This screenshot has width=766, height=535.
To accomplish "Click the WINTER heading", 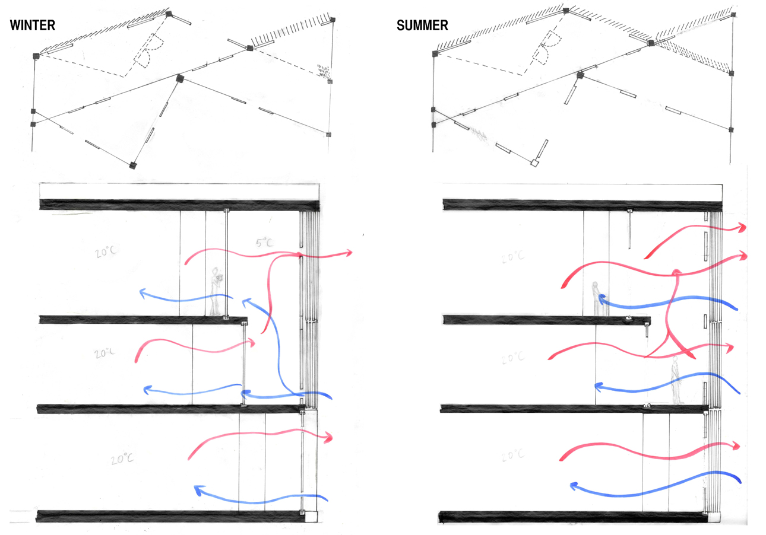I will pyautogui.click(x=33, y=26).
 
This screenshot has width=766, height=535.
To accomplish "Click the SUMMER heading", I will pyautogui.click(x=423, y=26).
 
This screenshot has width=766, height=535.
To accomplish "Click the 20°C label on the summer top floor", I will pyautogui.click(x=513, y=257).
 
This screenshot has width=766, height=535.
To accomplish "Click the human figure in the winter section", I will pyautogui.click(x=216, y=291).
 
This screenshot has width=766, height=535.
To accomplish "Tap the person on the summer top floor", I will pyautogui.click(x=596, y=298).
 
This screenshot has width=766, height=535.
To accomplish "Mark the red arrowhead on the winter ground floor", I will pyautogui.click(x=327, y=438).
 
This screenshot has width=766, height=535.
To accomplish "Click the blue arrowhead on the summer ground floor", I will pyautogui.click(x=574, y=486).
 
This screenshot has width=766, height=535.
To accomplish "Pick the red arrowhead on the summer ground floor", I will pyautogui.click(x=737, y=445).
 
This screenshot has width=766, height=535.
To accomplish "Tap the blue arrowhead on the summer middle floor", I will pyautogui.click(x=599, y=386).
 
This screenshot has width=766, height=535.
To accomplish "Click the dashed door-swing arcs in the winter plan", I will pyautogui.click(x=150, y=52).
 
